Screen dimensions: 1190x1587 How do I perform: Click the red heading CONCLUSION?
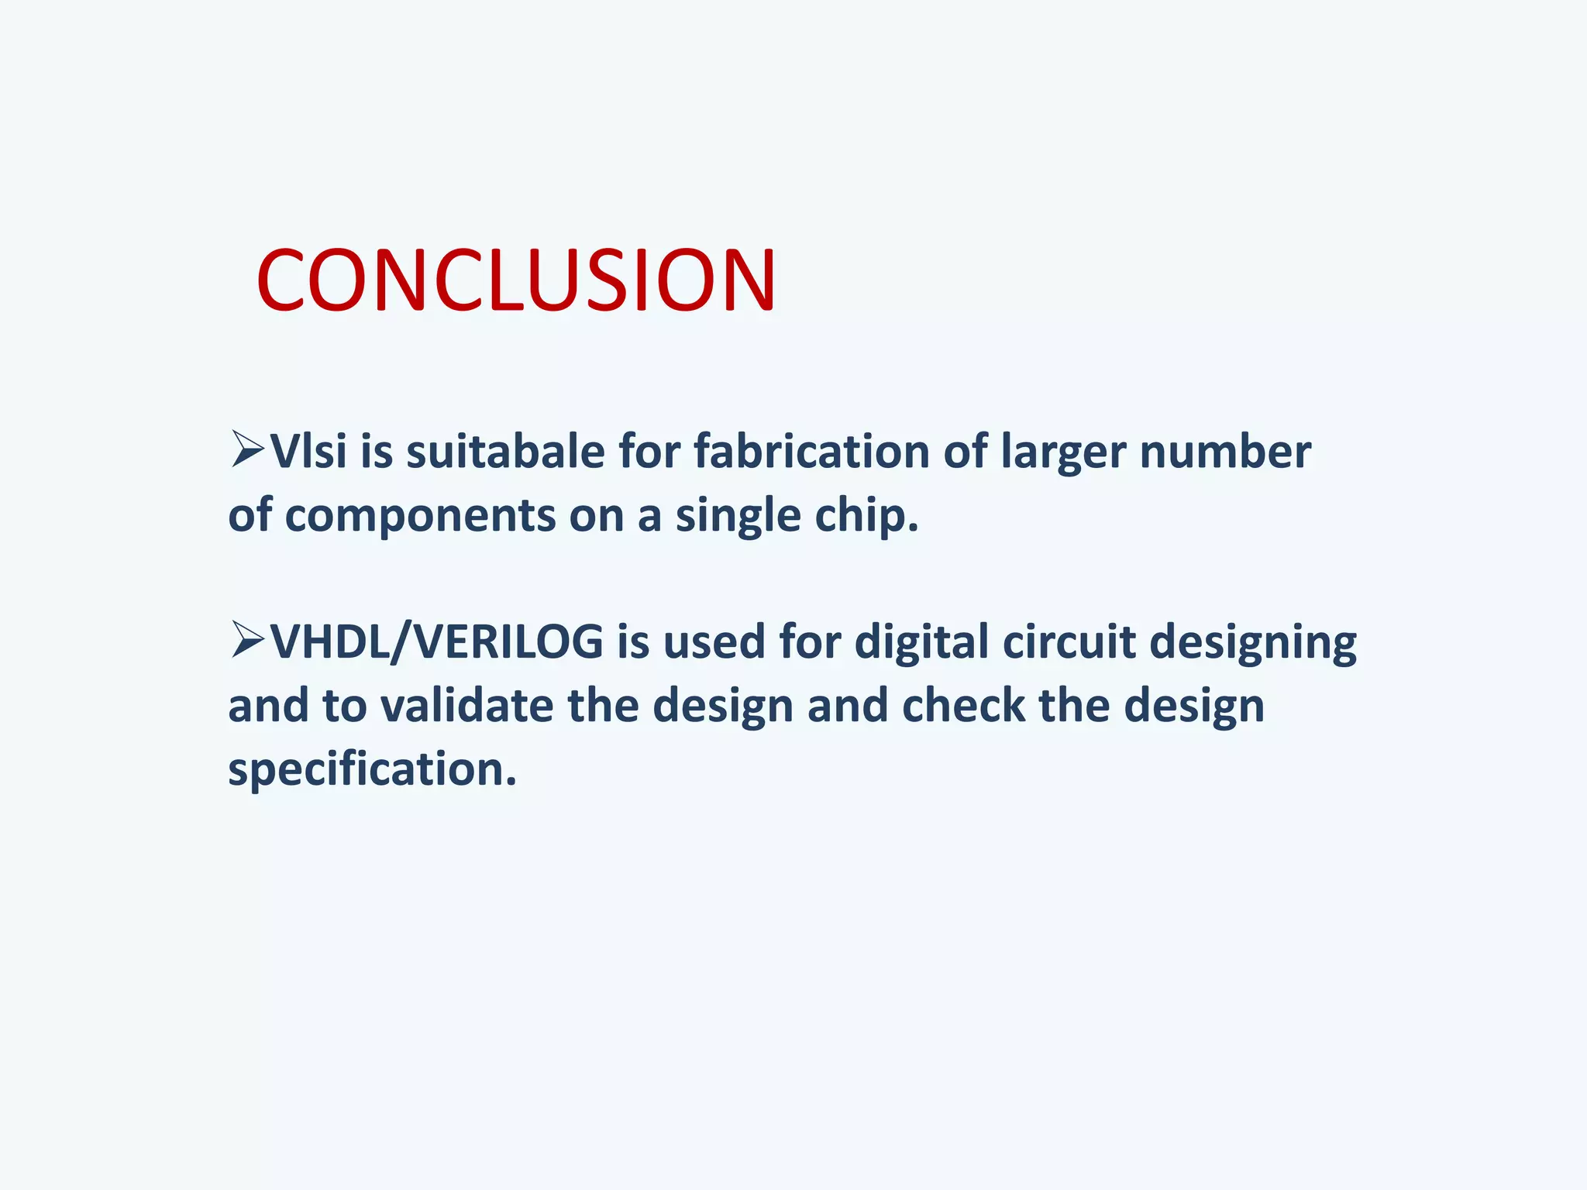click(x=516, y=280)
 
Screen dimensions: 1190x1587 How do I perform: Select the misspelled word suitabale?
click(x=505, y=452)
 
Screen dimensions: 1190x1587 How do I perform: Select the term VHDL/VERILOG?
click(x=436, y=643)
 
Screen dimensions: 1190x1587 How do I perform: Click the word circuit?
click(x=1069, y=643)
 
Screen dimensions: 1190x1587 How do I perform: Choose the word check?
click(x=963, y=707)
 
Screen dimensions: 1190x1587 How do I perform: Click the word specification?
click(x=372, y=770)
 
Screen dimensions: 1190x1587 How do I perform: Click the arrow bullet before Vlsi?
click(x=247, y=450)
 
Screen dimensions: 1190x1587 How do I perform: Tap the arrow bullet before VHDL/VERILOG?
click(x=247, y=641)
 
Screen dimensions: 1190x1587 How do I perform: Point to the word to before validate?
click(x=344, y=707)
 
